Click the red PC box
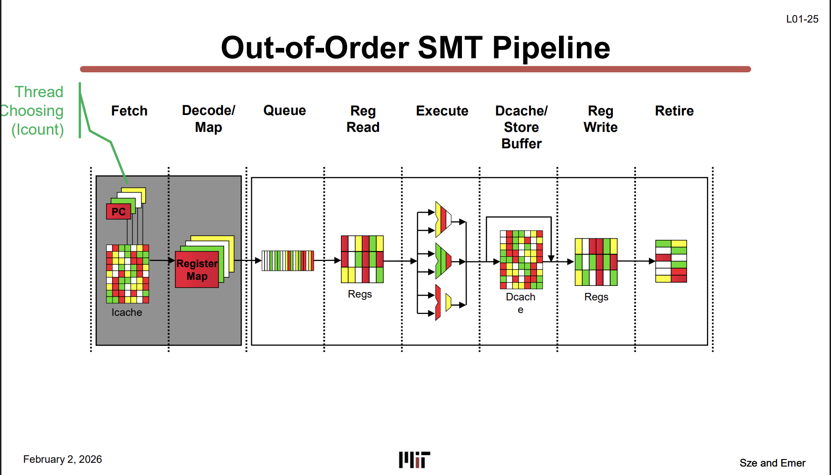point(119,212)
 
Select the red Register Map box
point(197,269)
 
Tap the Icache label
point(127,313)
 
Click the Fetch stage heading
point(129,111)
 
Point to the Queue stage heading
point(285,111)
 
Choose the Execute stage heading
point(442,111)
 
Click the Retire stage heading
point(674,111)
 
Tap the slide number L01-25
point(802,19)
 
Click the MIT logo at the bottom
point(415,460)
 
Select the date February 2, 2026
point(62,460)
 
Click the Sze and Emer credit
point(772,463)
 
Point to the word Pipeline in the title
point(551,48)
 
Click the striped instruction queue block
point(288,261)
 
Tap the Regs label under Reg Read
point(360,294)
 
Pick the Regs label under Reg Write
point(596,297)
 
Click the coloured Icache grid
point(128,274)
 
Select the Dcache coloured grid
point(521,260)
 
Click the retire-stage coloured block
point(671,261)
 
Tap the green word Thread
point(39,92)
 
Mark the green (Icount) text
point(38,130)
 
